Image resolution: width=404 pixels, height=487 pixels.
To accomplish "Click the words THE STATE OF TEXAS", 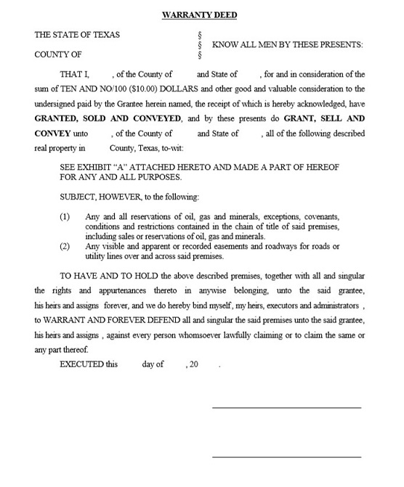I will (x=77, y=34).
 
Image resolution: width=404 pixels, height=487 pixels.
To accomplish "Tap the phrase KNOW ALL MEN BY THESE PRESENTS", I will (x=287, y=45).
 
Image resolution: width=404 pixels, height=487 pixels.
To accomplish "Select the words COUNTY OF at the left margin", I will (x=58, y=54).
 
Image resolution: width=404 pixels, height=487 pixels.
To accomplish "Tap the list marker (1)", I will (x=65, y=216).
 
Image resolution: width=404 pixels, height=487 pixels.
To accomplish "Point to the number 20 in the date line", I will (x=193, y=364).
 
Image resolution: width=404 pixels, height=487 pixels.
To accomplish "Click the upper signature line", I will (x=286, y=406).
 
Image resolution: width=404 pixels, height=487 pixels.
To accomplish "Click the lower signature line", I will (x=286, y=457).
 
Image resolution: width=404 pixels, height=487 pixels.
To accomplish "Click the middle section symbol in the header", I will (x=199, y=45).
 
